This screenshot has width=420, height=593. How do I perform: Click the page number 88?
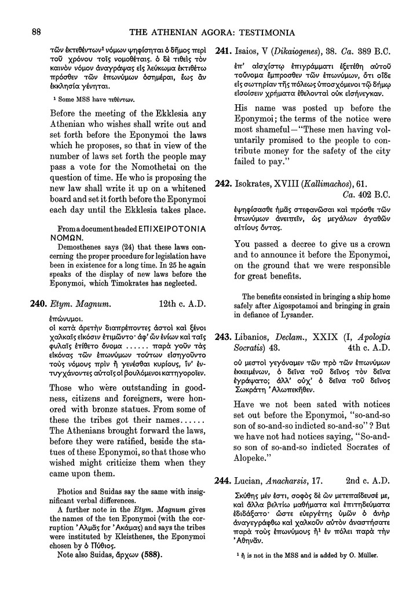click(36, 31)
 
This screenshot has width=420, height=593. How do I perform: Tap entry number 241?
click(224, 51)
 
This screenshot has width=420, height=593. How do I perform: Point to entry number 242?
click(224, 184)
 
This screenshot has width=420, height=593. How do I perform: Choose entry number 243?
click(224, 336)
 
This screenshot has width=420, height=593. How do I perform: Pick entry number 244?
click(224, 480)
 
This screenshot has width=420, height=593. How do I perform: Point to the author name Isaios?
click(249, 51)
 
